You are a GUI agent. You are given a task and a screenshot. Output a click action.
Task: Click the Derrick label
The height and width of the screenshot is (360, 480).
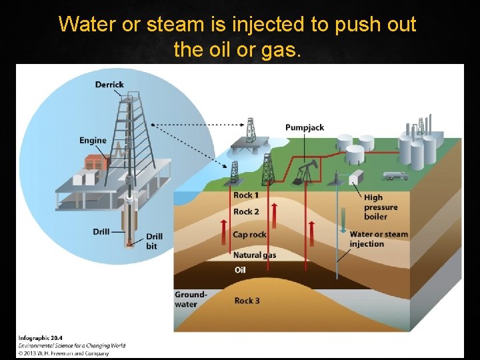(x=109, y=85)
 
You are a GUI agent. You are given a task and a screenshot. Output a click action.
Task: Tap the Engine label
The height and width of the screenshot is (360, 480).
(x=93, y=141)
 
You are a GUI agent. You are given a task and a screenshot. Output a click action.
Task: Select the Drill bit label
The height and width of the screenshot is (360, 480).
(x=154, y=241)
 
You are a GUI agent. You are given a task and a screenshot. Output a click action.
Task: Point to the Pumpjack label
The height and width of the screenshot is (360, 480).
(x=305, y=127)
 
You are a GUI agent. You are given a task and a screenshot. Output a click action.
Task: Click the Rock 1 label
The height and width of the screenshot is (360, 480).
(x=243, y=195)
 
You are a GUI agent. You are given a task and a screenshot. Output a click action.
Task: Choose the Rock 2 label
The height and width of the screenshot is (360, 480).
(x=246, y=212)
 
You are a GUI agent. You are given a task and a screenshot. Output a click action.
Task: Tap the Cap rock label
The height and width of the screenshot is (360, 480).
(x=249, y=235)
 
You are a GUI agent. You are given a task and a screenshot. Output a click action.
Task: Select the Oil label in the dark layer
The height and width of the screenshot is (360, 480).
(x=240, y=270)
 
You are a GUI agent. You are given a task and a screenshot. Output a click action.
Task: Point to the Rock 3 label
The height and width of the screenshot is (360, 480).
(x=247, y=301)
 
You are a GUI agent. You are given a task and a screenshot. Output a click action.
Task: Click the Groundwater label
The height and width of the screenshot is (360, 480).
(x=191, y=299)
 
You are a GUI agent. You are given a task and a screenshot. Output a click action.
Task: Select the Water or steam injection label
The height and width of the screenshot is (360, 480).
(x=379, y=239)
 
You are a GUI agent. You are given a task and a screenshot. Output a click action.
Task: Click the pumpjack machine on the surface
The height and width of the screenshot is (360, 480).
(x=303, y=172)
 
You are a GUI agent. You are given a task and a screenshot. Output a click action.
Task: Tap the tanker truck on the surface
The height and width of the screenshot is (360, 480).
(x=395, y=176)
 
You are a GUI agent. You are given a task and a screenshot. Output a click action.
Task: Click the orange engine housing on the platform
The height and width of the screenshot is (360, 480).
(x=96, y=161)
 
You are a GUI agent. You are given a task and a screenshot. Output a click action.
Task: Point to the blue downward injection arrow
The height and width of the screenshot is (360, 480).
(x=343, y=220)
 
